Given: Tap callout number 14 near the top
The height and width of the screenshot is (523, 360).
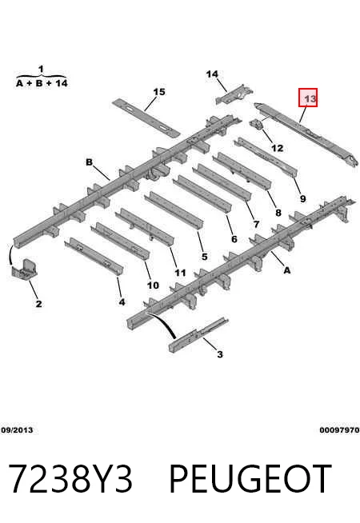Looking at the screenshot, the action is [212, 74].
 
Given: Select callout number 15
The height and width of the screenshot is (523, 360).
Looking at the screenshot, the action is [159, 92].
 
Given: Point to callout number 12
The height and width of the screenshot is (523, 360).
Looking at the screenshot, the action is [278, 148].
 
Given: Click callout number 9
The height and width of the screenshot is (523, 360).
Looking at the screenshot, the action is [302, 199].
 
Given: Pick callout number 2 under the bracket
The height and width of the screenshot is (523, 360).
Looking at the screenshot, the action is [38, 304].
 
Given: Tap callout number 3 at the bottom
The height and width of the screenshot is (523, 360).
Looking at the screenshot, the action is [219, 354].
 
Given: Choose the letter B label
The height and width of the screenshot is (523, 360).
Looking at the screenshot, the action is [89, 162].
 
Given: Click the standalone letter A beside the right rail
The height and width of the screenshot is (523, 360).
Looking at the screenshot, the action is [287, 270].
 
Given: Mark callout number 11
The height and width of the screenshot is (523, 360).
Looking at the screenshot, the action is [180, 273].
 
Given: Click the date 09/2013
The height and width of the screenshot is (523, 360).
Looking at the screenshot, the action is [17, 430].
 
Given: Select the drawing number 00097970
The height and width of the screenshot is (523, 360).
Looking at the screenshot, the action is [340, 430].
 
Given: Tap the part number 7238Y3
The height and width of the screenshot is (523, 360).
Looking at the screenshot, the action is [70, 479].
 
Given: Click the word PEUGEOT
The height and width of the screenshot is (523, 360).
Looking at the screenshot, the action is [250, 479].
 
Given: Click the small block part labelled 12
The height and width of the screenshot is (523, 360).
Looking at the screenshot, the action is [258, 123].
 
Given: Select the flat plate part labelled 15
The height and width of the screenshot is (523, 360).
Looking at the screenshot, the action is [146, 117].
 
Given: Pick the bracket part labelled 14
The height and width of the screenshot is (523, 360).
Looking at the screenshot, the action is [234, 94].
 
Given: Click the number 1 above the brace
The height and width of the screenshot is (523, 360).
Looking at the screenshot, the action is [41, 69].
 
